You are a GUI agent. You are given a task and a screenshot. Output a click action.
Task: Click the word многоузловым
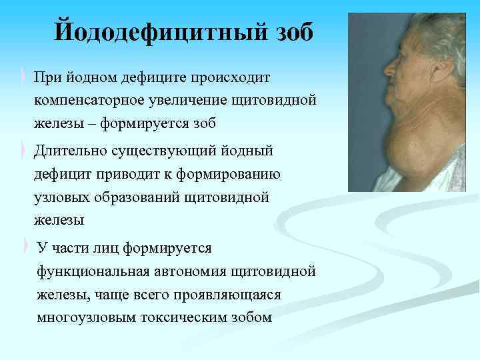click(87, 317)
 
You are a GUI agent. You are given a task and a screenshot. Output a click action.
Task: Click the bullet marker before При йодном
click(25, 77)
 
